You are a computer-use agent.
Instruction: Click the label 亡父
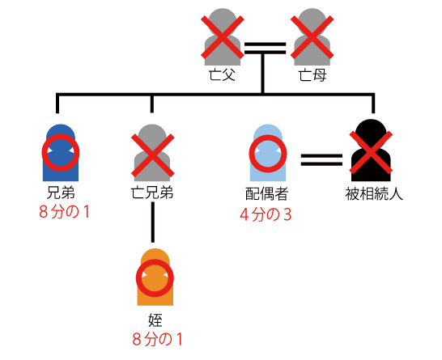point(222,75)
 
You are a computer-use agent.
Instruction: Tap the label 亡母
point(312,75)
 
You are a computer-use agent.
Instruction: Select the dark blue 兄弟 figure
point(61,153)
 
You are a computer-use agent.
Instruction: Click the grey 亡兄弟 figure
point(152,153)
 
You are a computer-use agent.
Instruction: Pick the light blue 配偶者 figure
point(268,153)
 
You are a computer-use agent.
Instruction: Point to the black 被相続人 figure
point(371,150)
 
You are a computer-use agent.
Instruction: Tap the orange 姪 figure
point(155,277)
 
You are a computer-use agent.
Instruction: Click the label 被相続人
point(374,194)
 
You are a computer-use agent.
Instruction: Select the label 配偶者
point(266,194)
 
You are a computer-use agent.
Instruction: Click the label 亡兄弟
point(152,193)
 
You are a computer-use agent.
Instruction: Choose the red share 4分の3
point(266,214)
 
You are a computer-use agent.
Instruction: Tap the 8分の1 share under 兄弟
point(64,212)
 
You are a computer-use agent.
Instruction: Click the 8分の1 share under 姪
point(158,340)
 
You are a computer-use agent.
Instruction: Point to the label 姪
point(155,320)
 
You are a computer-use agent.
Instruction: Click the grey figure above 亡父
point(223,37)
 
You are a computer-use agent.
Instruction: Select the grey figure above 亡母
point(312,37)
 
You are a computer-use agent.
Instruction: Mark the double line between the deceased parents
point(265,49)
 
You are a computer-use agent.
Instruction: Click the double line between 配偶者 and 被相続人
point(321,159)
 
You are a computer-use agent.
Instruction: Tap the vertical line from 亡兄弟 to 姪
point(152,222)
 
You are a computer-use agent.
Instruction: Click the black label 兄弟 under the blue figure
point(61,193)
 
